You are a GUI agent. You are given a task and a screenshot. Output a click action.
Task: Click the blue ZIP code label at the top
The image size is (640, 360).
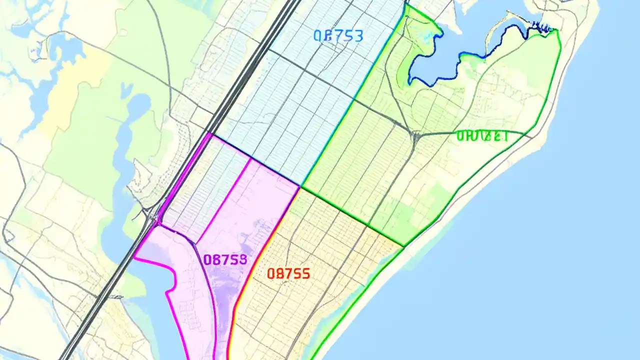click(x=338, y=35)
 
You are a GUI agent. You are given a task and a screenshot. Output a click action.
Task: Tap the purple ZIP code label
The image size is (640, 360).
click(x=225, y=259)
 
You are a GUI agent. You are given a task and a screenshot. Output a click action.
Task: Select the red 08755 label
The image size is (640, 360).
click(x=288, y=273)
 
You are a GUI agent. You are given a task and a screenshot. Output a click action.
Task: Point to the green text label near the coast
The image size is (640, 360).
click(x=482, y=135)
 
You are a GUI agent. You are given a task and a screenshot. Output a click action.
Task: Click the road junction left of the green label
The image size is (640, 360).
click(x=415, y=135)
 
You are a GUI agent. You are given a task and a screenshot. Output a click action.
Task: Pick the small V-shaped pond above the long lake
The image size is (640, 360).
click(x=126, y=90)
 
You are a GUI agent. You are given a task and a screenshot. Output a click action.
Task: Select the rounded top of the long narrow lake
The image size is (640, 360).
click(x=139, y=102)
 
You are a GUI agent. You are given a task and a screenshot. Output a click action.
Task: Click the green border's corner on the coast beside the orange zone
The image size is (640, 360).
click(x=404, y=246)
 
